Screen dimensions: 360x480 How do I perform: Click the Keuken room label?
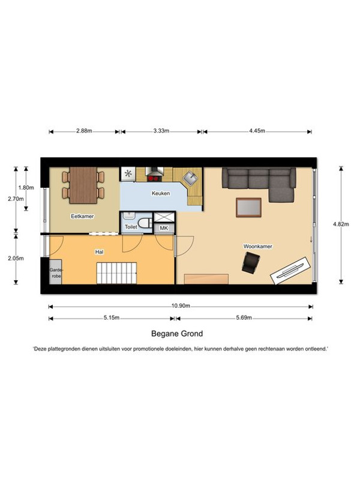pyautogui.click(x=161, y=193)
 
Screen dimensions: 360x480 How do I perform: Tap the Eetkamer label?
pyautogui.click(x=82, y=217)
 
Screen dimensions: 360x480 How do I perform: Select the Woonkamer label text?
pyautogui.click(x=258, y=247)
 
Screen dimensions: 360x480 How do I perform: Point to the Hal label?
pyautogui.click(x=99, y=252)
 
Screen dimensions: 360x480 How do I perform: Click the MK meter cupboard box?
pyautogui.click(x=164, y=229)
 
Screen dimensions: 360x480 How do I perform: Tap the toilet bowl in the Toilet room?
pyautogui.click(x=145, y=223)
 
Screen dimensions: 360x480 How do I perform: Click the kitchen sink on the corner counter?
pyautogui.click(x=190, y=178)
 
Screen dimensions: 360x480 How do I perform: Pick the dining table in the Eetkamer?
pyautogui.click(x=83, y=185)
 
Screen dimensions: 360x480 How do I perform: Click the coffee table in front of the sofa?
pyautogui.click(x=248, y=208)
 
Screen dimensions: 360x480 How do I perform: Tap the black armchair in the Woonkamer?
pyautogui.click(x=251, y=263)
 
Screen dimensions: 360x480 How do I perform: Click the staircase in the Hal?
pyautogui.click(x=116, y=274)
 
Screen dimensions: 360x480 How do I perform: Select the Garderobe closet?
pyautogui.click(x=56, y=272)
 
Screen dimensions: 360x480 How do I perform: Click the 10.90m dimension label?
pyautogui.click(x=181, y=306)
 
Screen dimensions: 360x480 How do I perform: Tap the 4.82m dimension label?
pyautogui.click(x=341, y=224)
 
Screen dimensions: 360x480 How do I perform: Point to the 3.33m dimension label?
pyautogui.click(x=161, y=131)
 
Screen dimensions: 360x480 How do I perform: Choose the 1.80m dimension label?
pyautogui.click(x=26, y=188)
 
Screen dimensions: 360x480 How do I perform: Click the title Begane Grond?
pyautogui.click(x=177, y=334)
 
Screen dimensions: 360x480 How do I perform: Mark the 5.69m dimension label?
pyautogui.click(x=244, y=318)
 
